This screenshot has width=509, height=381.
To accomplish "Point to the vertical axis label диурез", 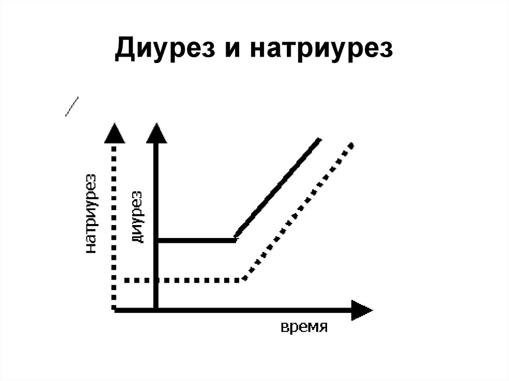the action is tap(137, 217).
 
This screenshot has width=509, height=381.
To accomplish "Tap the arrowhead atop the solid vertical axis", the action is tap(157, 133).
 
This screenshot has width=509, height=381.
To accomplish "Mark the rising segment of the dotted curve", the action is tap(298, 211).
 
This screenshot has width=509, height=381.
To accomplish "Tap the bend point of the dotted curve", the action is tap(244, 280).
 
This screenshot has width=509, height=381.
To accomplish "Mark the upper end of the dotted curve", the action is tap(351, 145).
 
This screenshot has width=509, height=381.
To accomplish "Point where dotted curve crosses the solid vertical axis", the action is tap(157, 280).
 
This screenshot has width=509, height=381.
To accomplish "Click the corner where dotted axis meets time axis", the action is tap(115, 309).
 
